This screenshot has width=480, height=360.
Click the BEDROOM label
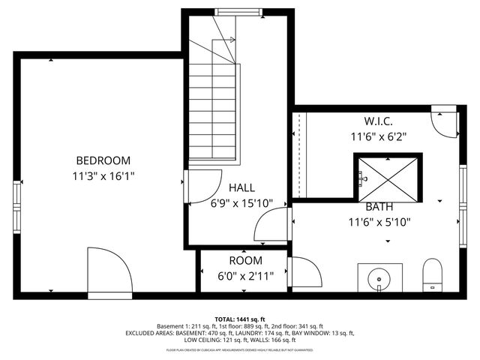[x=103, y=160]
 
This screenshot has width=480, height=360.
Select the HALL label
[x=241, y=188]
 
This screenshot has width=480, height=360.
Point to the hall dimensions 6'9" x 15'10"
[x=241, y=203]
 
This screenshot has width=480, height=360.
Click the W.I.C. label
[x=379, y=121]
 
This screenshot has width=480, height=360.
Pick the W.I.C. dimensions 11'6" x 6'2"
[x=379, y=136]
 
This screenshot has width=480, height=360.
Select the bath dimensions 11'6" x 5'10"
[x=379, y=221]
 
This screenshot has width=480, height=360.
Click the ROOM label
[x=245, y=260]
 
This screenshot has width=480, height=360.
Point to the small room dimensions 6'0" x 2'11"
[x=245, y=275]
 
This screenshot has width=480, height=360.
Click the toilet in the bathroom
[x=433, y=274]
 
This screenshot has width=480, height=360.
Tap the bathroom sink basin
[x=379, y=277]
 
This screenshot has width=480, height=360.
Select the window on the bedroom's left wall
[x=16, y=206]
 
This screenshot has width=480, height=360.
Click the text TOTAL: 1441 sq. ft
[x=240, y=319]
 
